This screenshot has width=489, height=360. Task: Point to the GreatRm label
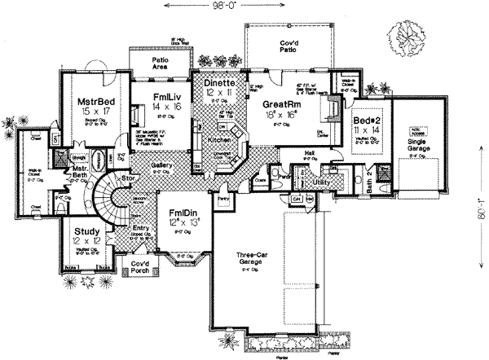(284, 104)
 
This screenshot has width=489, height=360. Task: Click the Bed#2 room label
(364, 121)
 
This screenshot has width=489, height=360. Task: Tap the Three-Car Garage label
(246, 258)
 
